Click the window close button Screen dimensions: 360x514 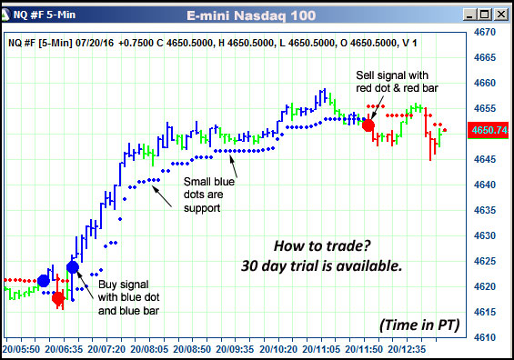(500, 15)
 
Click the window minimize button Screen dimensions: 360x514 (467, 15)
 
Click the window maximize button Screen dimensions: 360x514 (483, 15)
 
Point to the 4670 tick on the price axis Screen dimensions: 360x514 (485, 31)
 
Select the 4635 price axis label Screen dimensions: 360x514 (485, 210)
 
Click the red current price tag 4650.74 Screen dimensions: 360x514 (489, 131)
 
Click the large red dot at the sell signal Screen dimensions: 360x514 (368, 125)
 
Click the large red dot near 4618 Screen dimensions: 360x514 (58, 297)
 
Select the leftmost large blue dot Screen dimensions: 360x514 (44, 280)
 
